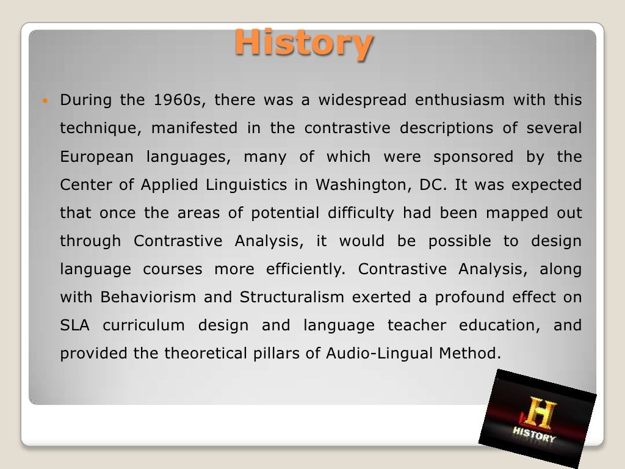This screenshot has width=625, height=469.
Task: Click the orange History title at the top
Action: coord(303,43)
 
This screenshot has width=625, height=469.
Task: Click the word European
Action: coord(96,157)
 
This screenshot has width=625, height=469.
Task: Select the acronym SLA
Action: coord(74,325)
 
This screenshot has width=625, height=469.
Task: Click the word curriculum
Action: coord(143,325)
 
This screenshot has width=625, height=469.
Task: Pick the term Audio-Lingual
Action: coord(366,354)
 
